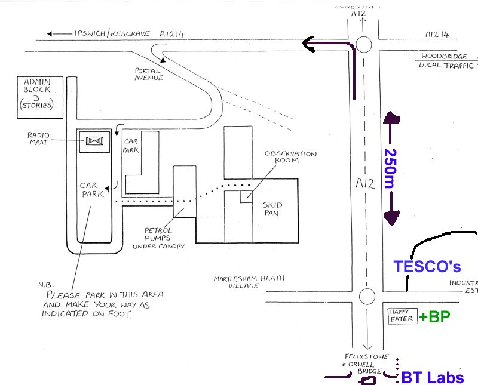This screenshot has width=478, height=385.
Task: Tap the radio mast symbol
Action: (x=94, y=141)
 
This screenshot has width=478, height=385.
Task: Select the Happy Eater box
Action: (x=400, y=316)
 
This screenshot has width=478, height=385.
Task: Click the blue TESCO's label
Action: (x=427, y=267)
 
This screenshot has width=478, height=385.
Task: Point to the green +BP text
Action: (x=434, y=316)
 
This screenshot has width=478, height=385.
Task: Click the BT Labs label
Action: (x=432, y=377)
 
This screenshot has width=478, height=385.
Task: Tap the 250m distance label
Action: (x=389, y=168)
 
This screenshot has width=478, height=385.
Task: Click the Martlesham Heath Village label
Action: (x=249, y=282)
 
